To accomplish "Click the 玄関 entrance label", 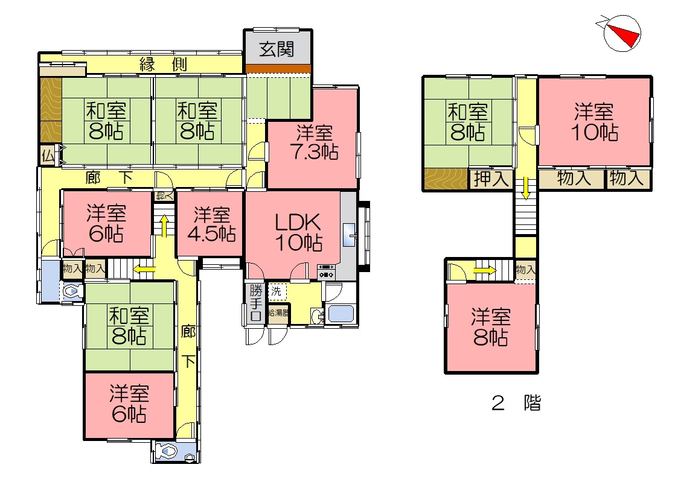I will click(277, 49).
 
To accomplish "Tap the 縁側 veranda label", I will click(163, 64).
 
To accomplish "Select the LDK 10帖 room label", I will click(298, 232).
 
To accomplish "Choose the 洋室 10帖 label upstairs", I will click(594, 122).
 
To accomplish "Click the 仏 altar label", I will click(48, 156).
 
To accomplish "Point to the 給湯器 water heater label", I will click(278, 312).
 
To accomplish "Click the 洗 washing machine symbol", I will click(276, 291).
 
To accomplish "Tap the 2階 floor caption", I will click(516, 403).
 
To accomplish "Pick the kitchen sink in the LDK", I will click(350, 234).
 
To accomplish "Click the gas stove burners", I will click(326, 271).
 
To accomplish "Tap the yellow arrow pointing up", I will click(164, 226).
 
